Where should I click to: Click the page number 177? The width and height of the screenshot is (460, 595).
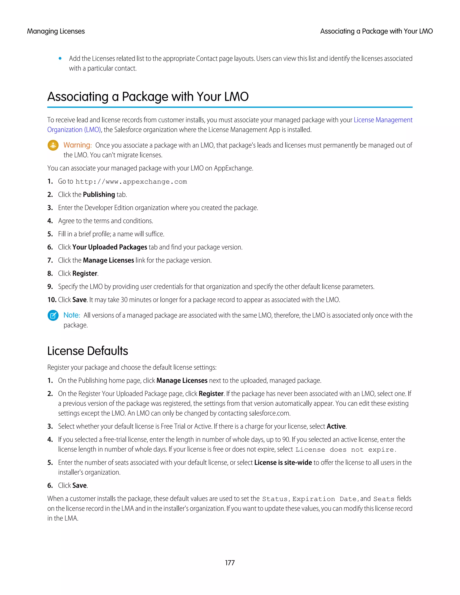tap(230, 563)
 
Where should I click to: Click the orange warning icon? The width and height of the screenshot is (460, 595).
tap(53, 145)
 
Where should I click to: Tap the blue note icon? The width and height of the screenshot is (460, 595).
tap(53, 315)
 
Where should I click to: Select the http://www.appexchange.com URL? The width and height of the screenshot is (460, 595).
tap(131, 182)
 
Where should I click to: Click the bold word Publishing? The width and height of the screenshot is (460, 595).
tap(99, 194)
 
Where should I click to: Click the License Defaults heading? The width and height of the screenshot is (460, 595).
tap(87, 351)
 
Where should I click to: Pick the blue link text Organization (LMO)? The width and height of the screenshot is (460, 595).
tap(74, 130)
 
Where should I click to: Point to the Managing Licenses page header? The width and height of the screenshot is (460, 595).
tap(56, 31)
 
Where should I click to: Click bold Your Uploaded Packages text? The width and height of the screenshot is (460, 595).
tap(110, 247)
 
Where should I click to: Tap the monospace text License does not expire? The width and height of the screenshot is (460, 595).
tap(345, 450)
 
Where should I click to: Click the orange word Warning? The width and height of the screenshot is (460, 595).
tap(77, 145)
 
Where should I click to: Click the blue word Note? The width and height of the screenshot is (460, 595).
tap(72, 315)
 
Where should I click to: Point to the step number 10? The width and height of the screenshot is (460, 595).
tap(51, 300)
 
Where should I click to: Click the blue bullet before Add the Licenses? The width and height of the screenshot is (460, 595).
tap(60, 59)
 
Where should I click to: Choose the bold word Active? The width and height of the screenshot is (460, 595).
tap(336, 426)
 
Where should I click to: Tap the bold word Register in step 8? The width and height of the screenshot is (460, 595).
tap(85, 273)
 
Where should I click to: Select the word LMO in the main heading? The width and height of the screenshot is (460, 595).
tap(236, 97)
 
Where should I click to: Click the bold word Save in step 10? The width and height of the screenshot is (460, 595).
tap(79, 300)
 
